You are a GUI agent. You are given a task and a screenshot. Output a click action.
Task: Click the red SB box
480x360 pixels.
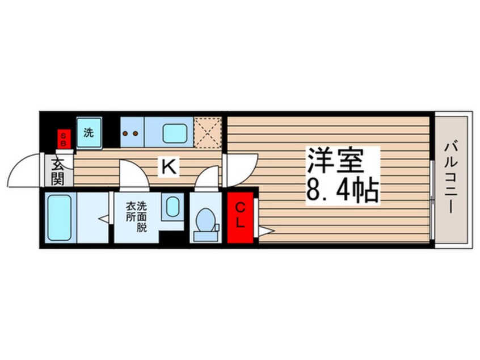[64, 139]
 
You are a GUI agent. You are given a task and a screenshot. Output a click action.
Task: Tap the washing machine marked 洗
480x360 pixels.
[89, 133]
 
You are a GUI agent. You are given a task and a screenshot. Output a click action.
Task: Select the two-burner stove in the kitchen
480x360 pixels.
[132, 132]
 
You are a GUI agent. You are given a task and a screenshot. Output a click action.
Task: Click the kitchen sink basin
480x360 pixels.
[175, 133]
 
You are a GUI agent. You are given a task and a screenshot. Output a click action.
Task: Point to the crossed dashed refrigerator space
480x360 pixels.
[208, 132]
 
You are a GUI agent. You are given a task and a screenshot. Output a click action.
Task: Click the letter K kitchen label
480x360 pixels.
[169, 168]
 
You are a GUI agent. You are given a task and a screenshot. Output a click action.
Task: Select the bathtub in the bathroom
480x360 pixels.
[60, 218]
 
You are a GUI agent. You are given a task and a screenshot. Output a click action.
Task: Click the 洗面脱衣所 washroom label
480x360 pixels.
[137, 216]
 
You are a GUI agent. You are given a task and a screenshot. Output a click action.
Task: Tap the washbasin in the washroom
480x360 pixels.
[172, 207]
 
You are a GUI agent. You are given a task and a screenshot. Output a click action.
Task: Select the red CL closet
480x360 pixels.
[241, 217]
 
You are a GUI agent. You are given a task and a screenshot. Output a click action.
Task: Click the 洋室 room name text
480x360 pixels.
[335, 161]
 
